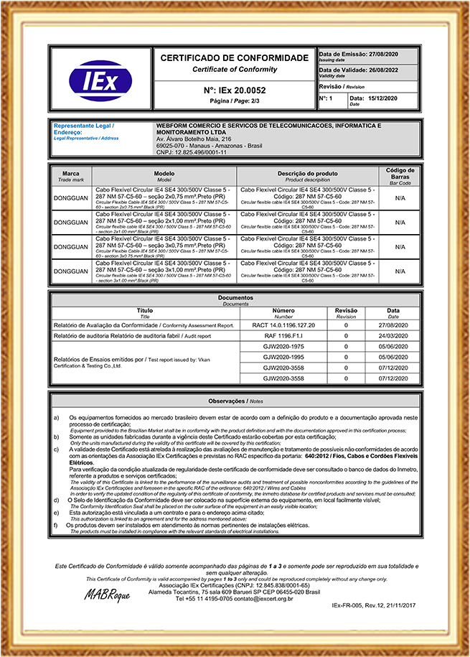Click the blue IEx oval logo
(x=100, y=80)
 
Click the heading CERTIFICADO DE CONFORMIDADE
(x=234, y=57)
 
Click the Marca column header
(x=71, y=174)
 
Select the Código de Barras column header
(x=400, y=173)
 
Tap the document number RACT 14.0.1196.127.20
(x=283, y=325)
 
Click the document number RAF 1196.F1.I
(x=283, y=335)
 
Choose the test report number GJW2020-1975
(x=283, y=346)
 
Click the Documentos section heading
(x=234, y=297)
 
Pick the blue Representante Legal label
(x=85, y=126)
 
